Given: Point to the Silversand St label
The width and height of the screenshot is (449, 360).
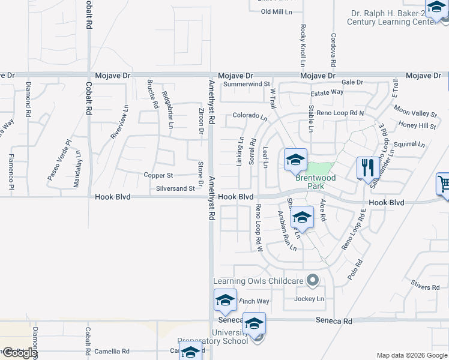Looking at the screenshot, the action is [x=176, y=188].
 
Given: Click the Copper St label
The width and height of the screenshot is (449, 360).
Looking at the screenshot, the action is [x=158, y=175].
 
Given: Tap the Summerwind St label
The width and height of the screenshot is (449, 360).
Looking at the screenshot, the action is [x=247, y=85].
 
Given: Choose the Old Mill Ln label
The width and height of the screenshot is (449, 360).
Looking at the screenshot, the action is [x=276, y=12].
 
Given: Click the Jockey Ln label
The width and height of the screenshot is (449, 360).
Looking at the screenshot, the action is [x=309, y=299].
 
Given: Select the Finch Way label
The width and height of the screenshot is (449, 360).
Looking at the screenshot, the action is [x=255, y=301].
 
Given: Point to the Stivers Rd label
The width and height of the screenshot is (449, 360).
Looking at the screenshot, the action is [x=426, y=287].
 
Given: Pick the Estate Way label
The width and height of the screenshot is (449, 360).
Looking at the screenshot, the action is [x=327, y=92].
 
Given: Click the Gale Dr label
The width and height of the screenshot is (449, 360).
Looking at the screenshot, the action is [x=352, y=82].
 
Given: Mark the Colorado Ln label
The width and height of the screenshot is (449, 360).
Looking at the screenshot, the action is [x=250, y=115].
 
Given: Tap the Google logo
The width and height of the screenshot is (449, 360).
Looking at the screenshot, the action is [x=19, y=353].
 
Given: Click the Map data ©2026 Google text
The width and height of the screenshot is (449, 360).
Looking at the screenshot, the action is [x=412, y=355].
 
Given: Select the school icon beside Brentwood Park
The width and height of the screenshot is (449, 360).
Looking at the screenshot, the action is [x=295, y=160].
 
